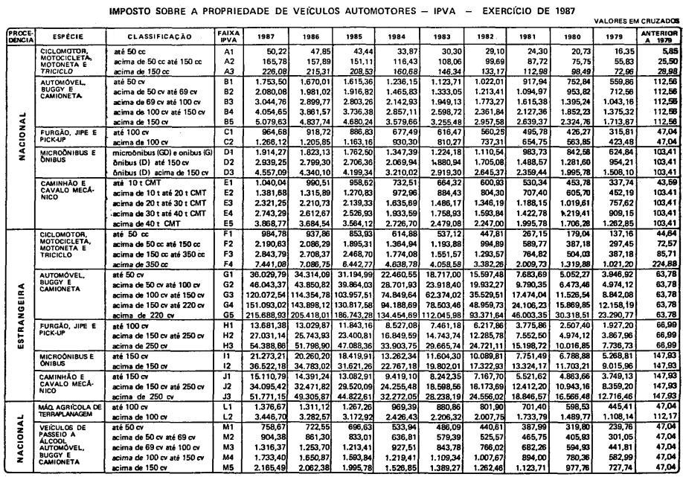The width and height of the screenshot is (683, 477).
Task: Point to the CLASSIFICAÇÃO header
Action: (x=159, y=36)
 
